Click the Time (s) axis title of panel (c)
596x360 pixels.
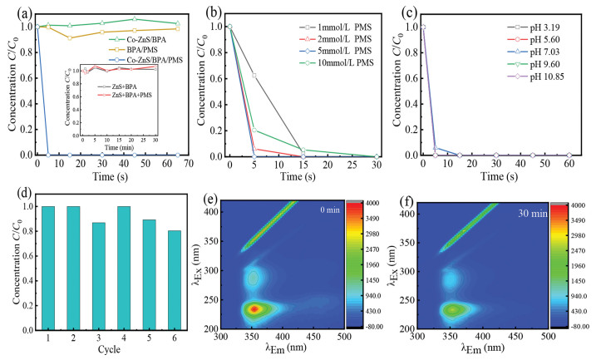click(492, 175)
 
